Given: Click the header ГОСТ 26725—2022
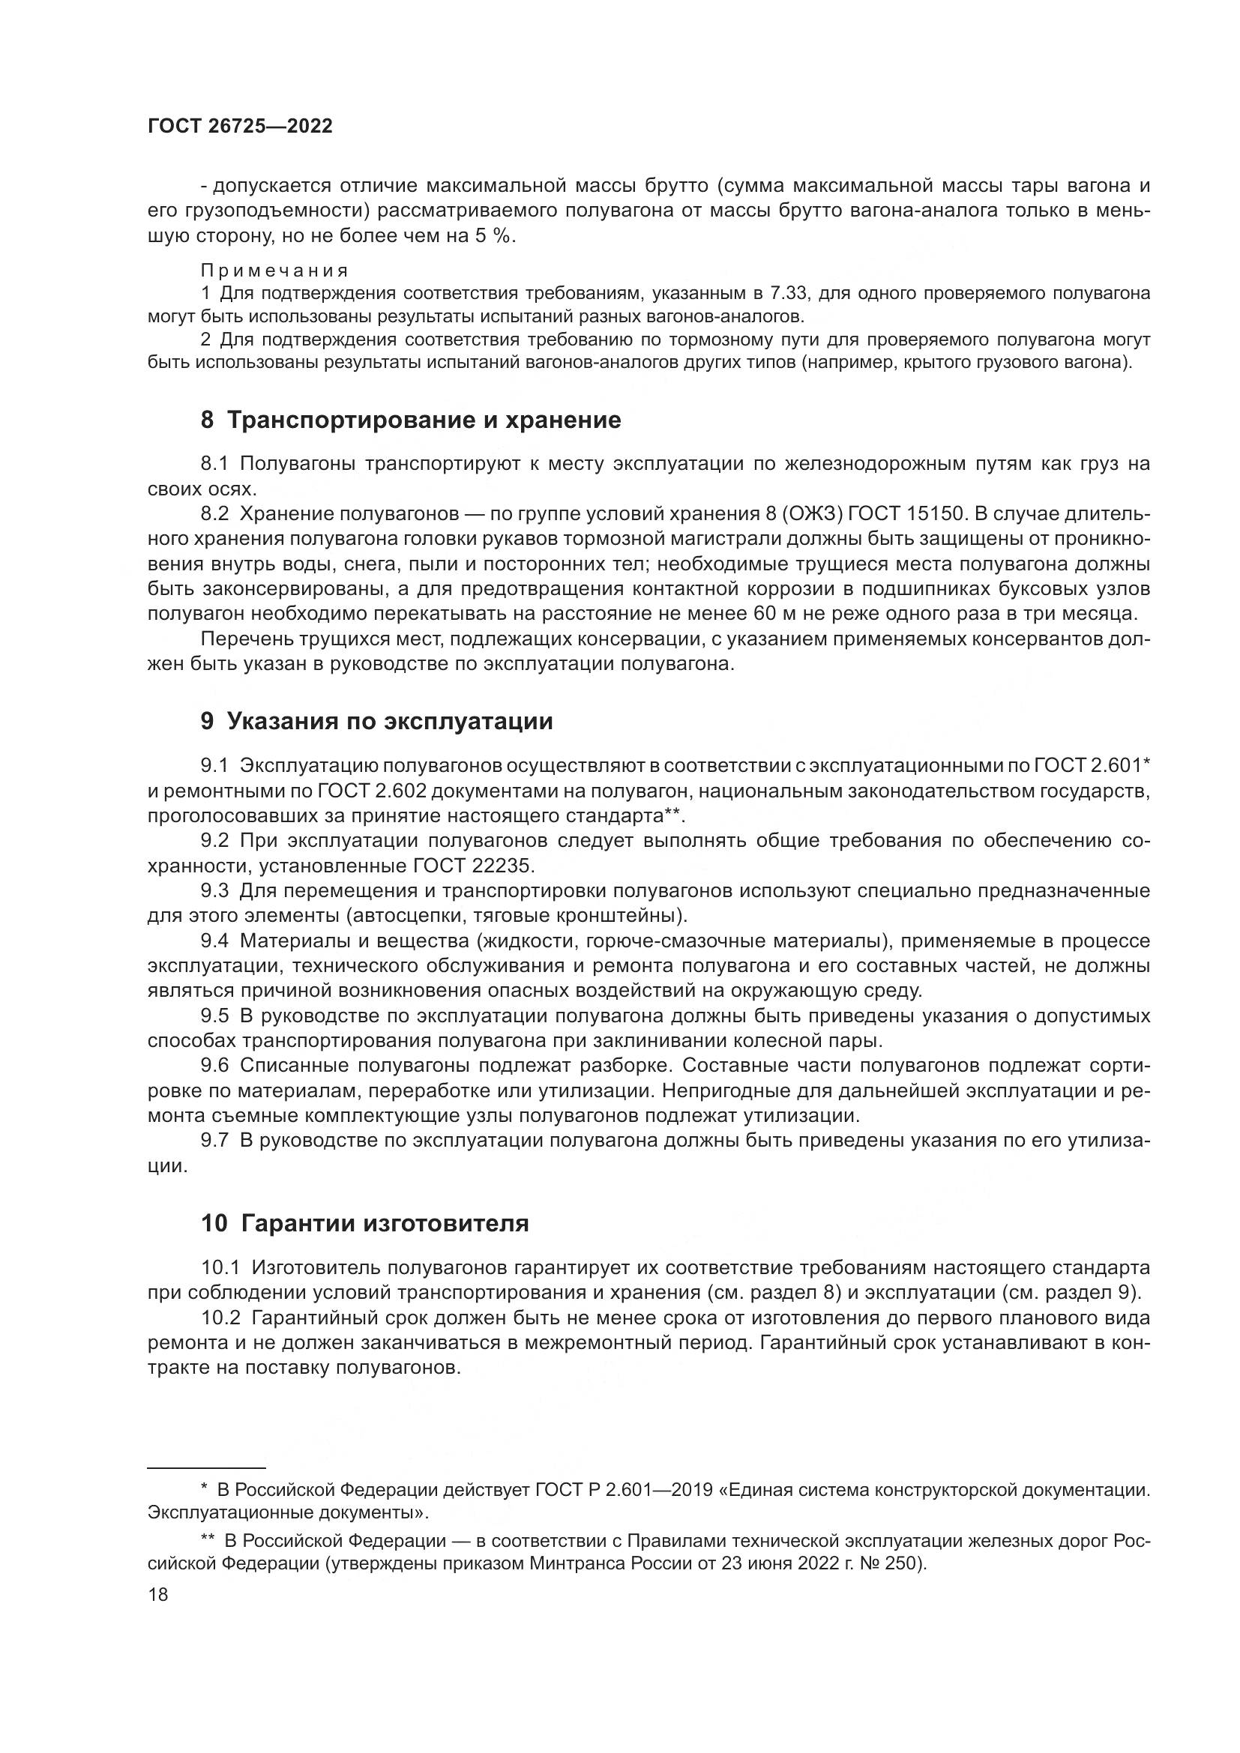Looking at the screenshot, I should click(240, 127).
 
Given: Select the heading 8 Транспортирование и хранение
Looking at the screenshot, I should click(410, 420).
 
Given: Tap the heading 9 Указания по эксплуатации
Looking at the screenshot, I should click(376, 722).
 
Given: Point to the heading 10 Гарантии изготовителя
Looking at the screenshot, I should click(364, 1223).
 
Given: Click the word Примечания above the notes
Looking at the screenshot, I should click(275, 271).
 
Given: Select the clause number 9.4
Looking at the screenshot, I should click(214, 941).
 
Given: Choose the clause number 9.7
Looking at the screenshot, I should click(214, 1141).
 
